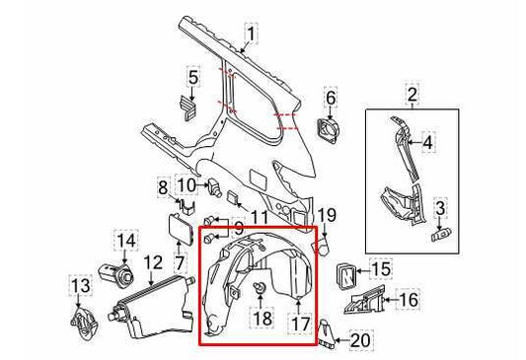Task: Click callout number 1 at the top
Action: (252, 37)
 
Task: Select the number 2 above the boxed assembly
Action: (411, 96)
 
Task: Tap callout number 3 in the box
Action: (441, 206)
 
